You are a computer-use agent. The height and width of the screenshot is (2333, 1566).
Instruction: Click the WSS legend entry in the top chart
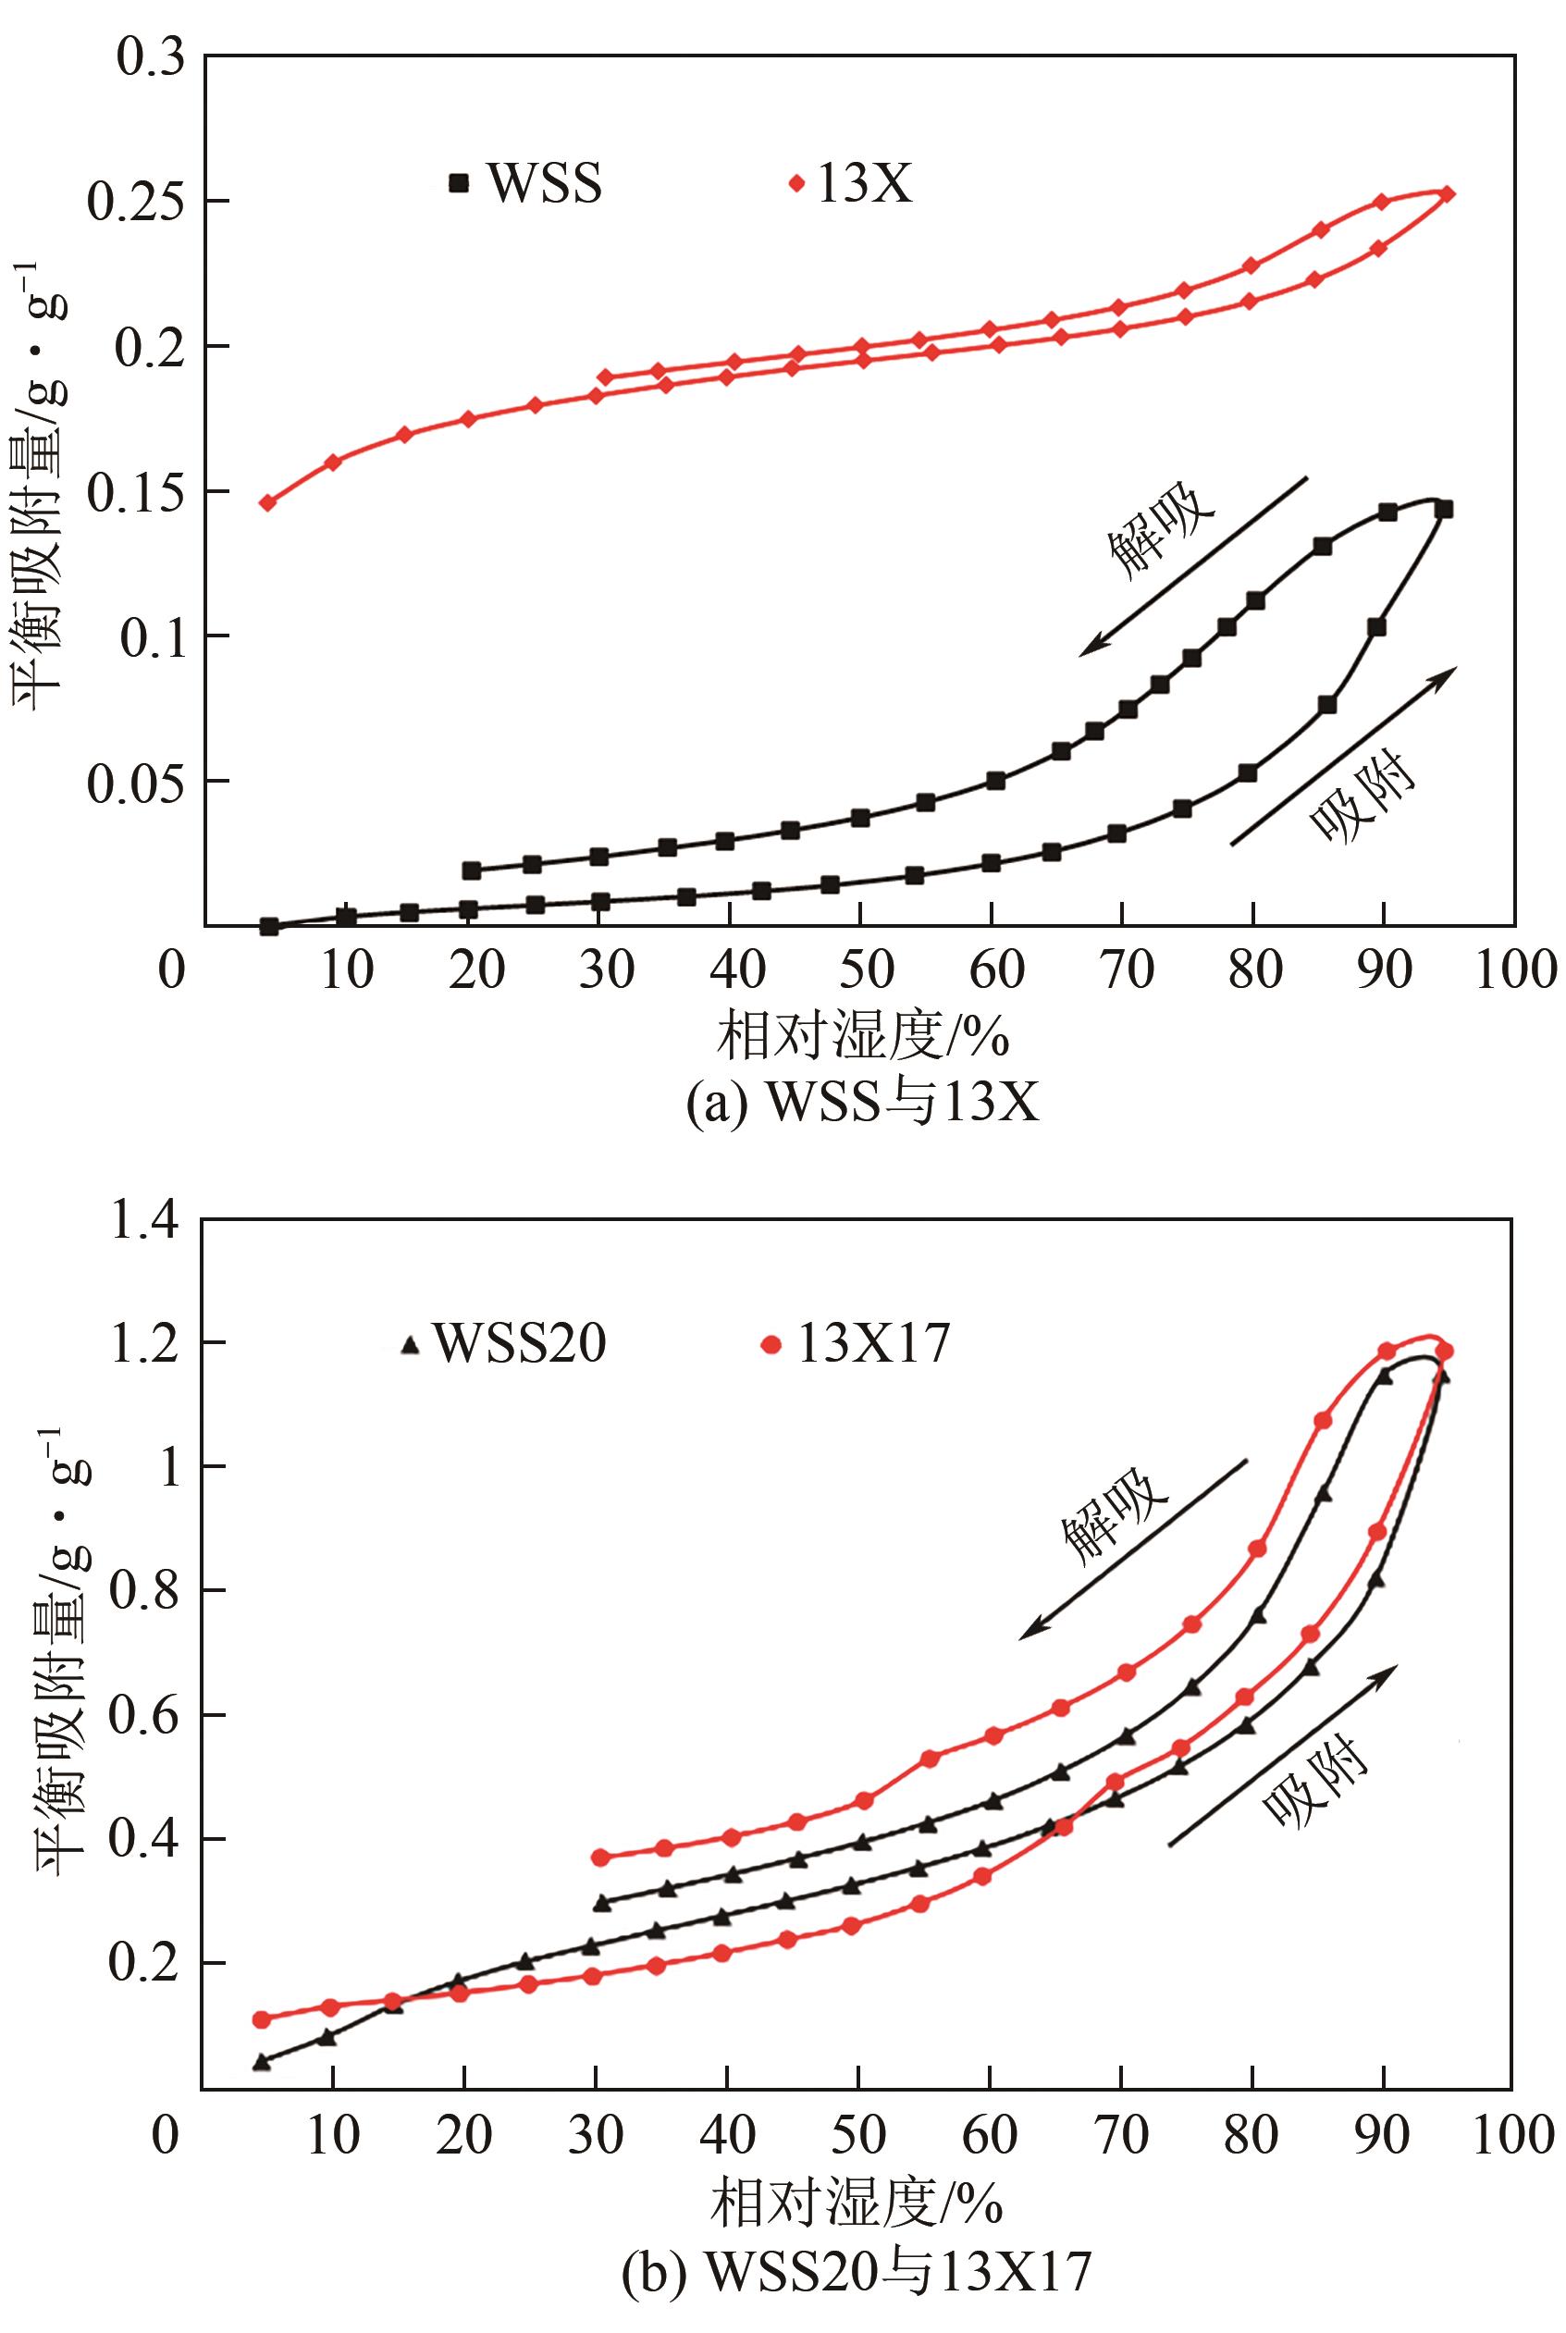[x=525, y=183]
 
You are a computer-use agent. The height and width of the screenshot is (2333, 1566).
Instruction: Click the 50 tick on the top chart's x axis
[x=864, y=969]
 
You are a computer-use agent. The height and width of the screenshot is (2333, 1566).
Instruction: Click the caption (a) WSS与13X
[x=863, y=1103]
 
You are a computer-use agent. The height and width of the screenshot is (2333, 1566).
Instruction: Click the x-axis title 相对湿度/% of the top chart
[x=863, y=1038]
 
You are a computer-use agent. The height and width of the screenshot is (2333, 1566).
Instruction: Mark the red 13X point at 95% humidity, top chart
[x=1448, y=193]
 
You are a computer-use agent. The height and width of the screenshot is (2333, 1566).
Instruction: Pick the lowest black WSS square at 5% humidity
[x=267, y=926]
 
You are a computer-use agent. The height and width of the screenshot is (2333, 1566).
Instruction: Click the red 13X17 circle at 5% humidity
[x=262, y=2018]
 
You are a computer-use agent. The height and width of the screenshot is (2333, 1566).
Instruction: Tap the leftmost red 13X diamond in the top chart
[x=267, y=502]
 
